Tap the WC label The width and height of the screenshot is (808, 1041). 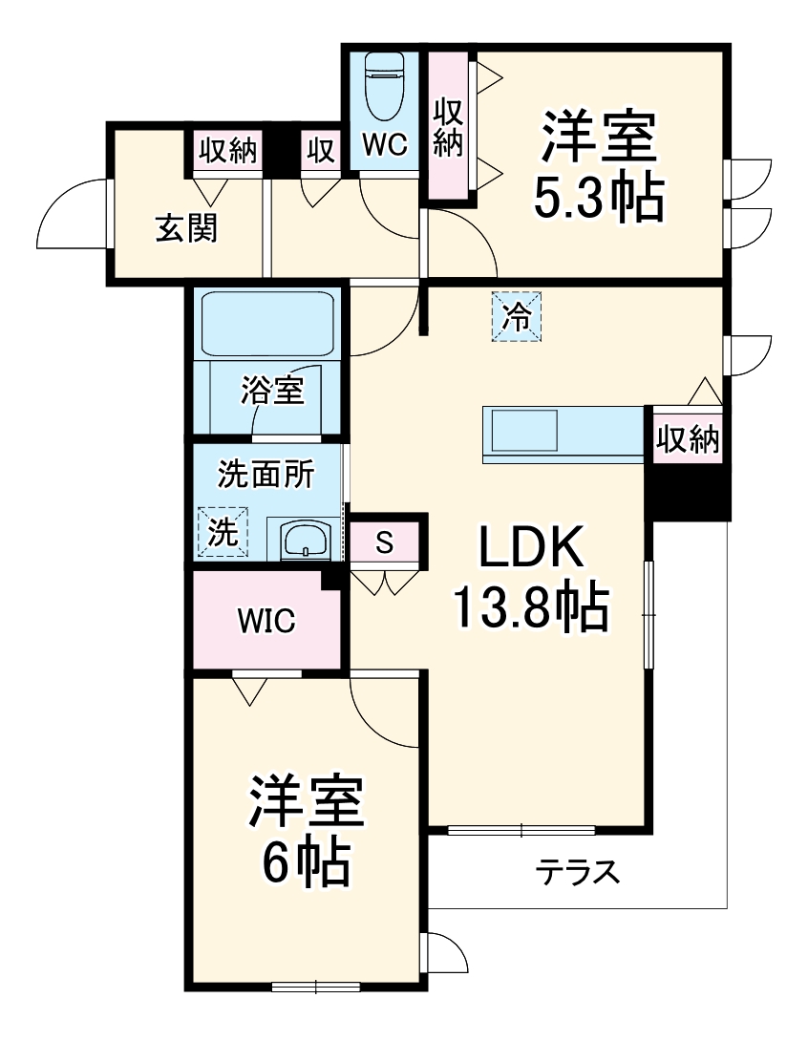(385, 144)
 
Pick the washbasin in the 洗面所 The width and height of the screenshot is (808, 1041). (306, 540)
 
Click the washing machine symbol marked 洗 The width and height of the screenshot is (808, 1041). (223, 533)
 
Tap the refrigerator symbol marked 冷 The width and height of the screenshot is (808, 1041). (516, 317)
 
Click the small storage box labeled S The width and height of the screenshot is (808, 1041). (384, 542)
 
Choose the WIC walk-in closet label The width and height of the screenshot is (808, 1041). (266, 622)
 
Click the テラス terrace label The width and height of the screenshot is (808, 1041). (577, 871)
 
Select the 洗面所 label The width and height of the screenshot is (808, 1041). (266, 475)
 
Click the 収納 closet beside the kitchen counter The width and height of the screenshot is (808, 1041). (687, 440)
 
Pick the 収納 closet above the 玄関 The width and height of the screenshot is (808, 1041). (228, 151)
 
